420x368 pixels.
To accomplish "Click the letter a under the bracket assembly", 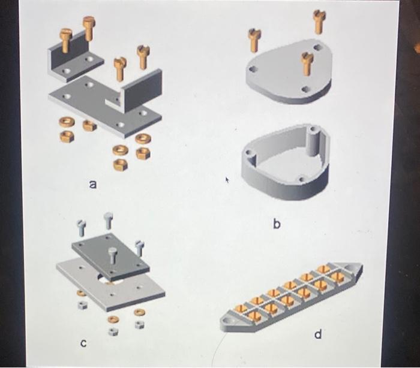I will click(x=92, y=186).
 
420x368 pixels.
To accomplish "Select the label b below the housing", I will click(x=277, y=224).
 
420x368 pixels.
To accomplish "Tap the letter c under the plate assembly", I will click(x=84, y=343).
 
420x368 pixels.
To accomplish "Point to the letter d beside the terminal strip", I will click(x=318, y=334).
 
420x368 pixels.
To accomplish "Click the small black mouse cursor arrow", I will click(x=227, y=179).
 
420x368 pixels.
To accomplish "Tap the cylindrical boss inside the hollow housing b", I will click(x=312, y=141).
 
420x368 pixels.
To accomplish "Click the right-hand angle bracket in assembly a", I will click(x=141, y=90).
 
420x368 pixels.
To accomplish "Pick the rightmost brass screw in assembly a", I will click(x=142, y=57).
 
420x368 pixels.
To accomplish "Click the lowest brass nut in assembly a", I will click(x=121, y=163).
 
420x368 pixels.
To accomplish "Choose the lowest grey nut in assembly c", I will click(x=112, y=330).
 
